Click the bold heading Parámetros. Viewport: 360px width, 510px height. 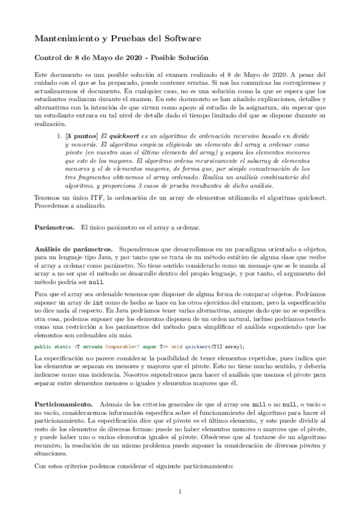[x=54, y=227]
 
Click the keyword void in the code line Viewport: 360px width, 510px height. [x=175, y=346]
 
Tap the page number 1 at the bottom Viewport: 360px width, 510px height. [x=180, y=492]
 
